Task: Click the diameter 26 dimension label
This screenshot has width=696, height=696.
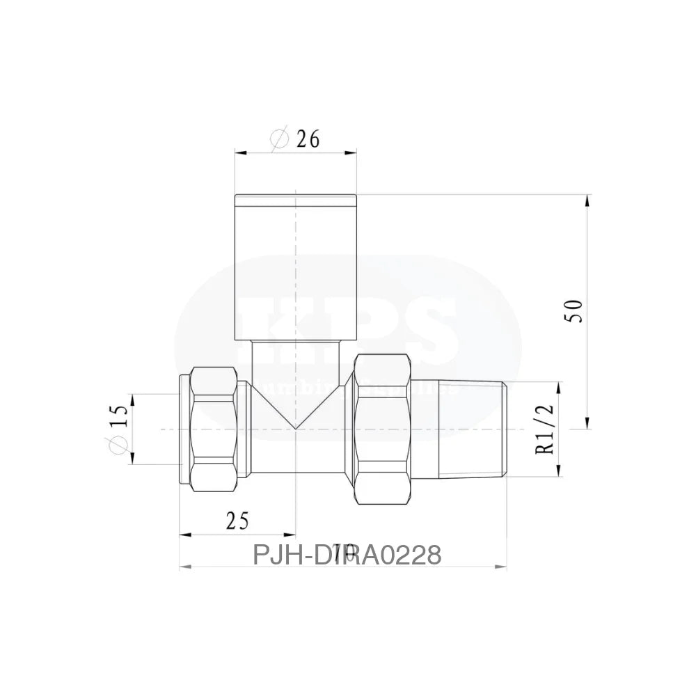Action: (x=295, y=139)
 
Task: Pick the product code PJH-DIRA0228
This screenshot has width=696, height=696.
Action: (x=346, y=555)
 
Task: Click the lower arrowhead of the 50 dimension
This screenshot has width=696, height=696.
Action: (x=589, y=425)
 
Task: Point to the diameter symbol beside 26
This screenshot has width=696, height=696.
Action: (x=278, y=139)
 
